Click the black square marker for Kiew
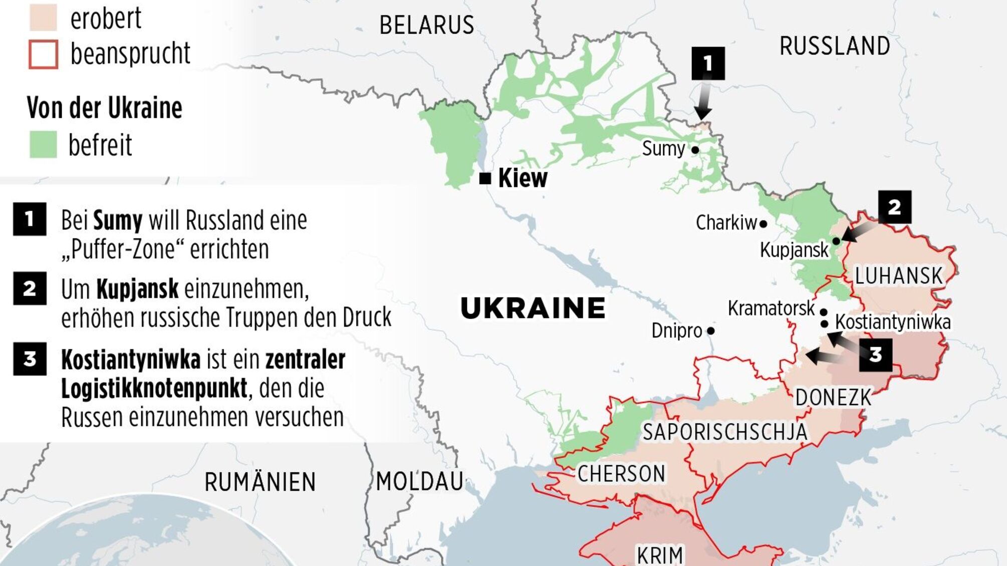(485, 178)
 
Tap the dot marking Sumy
(695, 150)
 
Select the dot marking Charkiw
(763, 224)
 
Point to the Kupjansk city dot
(836, 241)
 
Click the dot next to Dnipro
(710, 331)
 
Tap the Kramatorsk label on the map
(771, 309)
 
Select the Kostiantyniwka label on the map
(892, 322)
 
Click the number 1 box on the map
(708, 63)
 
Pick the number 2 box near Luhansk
(894, 207)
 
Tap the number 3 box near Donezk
(875, 355)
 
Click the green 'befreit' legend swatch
(43, 145)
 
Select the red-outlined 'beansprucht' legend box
(43, 54)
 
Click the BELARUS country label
(426, 25)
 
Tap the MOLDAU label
(419, 482)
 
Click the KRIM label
(659, 555)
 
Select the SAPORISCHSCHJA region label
(724, 432)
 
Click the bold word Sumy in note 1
(118, 220)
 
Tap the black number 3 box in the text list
(30, 359)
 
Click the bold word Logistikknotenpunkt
(154, 388)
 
